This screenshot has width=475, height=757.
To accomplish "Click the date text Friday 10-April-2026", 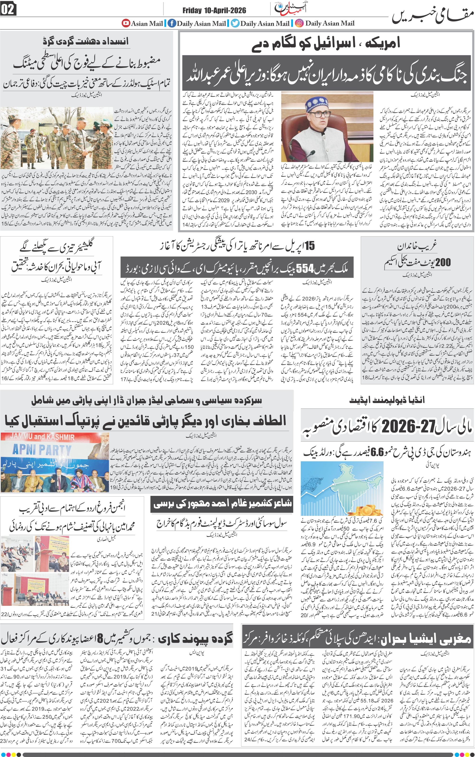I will [x=214, y=11].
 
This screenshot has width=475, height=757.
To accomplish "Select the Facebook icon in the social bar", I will [x=171, y=23].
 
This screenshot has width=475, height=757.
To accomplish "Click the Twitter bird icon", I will [x=235, y=23].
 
